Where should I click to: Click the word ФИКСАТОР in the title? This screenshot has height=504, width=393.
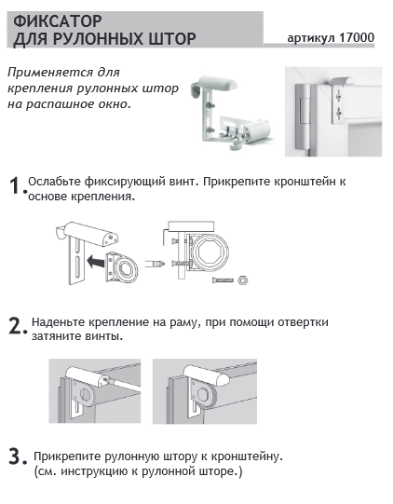(x=58, y=21)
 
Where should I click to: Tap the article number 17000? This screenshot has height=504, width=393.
(x=357, y=37)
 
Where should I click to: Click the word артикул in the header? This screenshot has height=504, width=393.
(x=312, y=38)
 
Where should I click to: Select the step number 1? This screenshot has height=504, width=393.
(x=16, y=185)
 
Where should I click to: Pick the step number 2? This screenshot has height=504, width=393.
(x=16, y=326)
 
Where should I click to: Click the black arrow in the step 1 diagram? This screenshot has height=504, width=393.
(x=96, y=260)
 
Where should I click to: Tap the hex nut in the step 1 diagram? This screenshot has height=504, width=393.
(x=243, y=280)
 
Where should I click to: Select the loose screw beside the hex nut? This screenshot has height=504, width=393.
(x=223, y=280)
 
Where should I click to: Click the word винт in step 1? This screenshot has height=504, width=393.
(x=182, y=182)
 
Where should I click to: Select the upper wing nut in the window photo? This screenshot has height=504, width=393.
(x=338, y=96)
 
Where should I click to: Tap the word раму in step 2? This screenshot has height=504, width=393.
(x=183, y=322)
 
